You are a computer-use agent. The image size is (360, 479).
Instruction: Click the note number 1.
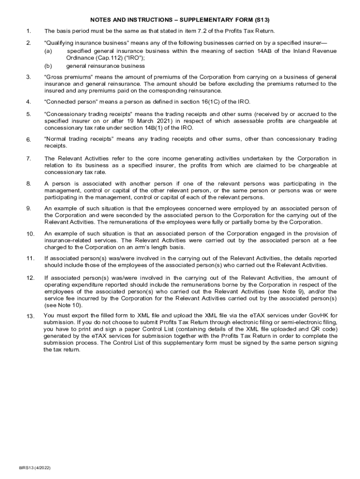point(29,31)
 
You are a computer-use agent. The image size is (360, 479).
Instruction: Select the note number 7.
point(29,159)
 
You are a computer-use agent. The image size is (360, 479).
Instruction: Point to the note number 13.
point(30,317)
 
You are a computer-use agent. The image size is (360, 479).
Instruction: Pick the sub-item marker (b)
point(48,66)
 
